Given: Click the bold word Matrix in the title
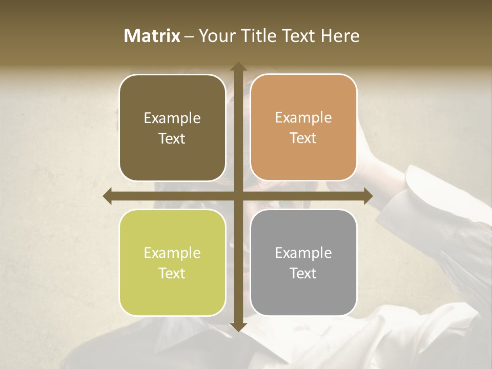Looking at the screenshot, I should point(152,36).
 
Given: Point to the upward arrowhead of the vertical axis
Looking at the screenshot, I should point(238,67).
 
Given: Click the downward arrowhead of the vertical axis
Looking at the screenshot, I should point(238,327).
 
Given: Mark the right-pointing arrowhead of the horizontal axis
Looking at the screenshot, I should point(367,196).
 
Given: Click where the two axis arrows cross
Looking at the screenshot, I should point(238,196).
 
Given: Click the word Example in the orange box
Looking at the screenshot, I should point(303,117).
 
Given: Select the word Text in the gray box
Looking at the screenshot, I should point(303,273).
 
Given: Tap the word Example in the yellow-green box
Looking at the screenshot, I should point(172,253).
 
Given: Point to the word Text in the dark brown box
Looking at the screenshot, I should point(172,138).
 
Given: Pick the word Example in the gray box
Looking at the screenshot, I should point(303,253).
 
